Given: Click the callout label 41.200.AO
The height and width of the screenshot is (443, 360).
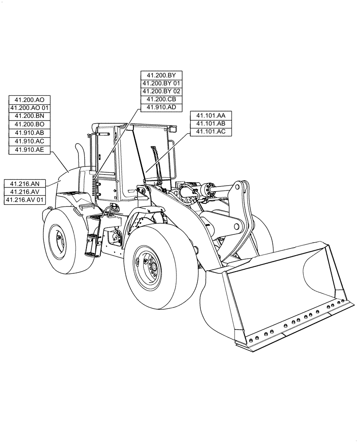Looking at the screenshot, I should pos(30,99).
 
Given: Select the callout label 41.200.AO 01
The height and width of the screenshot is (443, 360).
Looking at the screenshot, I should pos(30,108).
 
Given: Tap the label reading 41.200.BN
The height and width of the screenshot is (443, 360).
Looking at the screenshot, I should pos(30,116).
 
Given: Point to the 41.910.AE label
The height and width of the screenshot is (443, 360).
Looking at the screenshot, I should pos(30,150).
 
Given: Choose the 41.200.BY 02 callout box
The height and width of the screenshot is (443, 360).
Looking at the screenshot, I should pos(161,91).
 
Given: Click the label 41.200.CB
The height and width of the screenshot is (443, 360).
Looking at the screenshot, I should pos(161,99).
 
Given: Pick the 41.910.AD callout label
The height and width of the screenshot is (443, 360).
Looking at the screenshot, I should pos(161,108).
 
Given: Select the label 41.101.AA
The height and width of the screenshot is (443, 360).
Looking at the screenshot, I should pos(211,115).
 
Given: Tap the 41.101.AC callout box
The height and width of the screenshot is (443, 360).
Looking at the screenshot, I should pos(211,132).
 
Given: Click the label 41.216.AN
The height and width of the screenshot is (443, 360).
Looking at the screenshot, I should pos(25,183).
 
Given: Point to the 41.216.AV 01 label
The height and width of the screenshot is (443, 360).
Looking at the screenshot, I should pos(25,200).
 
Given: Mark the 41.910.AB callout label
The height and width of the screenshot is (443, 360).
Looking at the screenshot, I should pos(30,133).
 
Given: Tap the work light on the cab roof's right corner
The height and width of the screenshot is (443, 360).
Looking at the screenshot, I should pos(173,129).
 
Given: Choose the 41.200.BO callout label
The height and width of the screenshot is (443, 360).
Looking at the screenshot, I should pos(30,124).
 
